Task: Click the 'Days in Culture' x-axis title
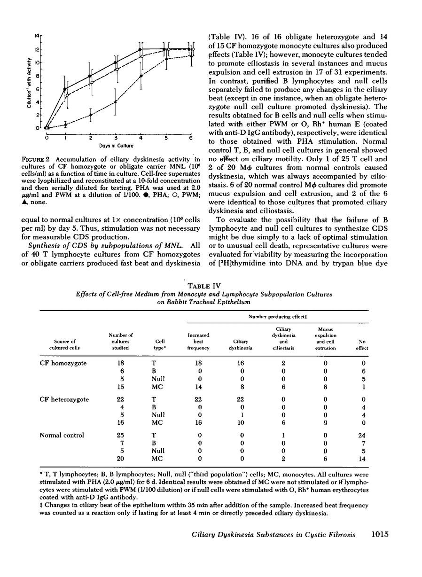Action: click(x=119, y=146)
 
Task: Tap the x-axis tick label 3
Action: click(x=116, y=138)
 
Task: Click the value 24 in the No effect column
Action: click(x=362, y=435)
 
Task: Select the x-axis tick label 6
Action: click(x=191, y=138)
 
